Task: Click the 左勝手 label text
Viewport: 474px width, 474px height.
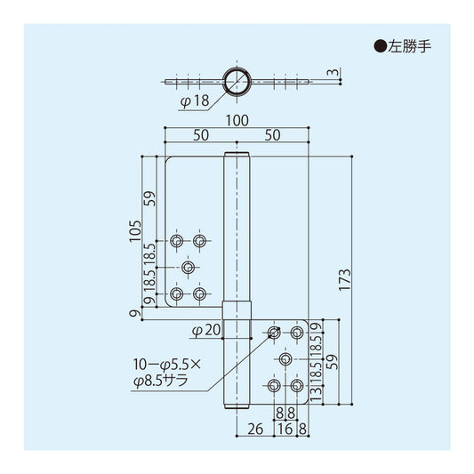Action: (x=410, y=46)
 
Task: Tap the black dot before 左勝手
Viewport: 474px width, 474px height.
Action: (x=381, y=46)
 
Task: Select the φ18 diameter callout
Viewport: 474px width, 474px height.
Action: (x=195, y=100)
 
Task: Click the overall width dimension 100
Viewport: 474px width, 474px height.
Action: (x=237, y=121)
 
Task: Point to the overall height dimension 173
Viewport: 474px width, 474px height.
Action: (x=345, y=280)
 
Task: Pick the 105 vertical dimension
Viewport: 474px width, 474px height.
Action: (x=135, y=231)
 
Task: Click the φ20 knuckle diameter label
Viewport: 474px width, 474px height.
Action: (x=206, y=330)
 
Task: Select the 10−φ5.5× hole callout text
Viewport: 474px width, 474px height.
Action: (x=167, y=365)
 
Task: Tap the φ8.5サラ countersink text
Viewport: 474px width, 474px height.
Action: (x=161, y=381)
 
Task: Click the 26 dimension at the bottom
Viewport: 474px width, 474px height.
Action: (x=255, y=429)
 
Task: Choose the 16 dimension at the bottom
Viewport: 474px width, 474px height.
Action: (x=285, y=429)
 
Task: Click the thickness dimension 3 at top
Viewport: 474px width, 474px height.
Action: (x=333, y=72)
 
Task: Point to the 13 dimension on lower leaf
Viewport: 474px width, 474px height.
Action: (x=316, y=395)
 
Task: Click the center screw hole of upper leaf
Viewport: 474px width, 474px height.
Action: (x=188, y=267)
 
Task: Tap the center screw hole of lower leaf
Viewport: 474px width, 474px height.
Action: (x=285, y=359)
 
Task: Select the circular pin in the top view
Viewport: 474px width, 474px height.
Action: (x=237, y=81)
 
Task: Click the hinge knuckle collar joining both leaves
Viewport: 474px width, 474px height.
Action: (x=237, y=310)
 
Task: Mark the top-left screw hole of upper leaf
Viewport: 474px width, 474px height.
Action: (x=177, y=241)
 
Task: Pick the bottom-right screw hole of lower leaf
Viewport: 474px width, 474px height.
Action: (x=297, y=385)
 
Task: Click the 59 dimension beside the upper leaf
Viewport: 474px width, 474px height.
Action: (x=149, y=198)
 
